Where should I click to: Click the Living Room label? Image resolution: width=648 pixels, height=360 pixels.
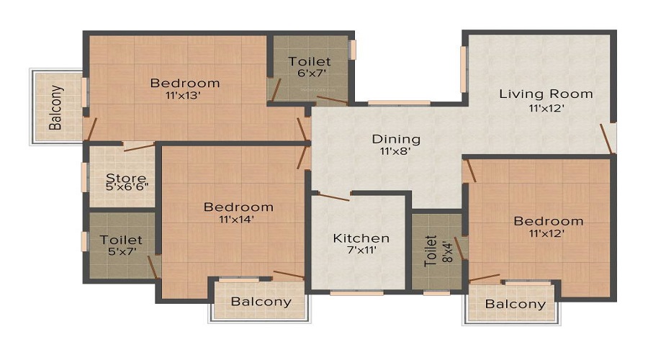(546, 94)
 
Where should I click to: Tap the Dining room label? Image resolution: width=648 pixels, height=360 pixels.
(396, 139)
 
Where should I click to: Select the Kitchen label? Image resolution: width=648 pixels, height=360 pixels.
(361, 238)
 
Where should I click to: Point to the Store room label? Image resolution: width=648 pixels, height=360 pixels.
(126, 178)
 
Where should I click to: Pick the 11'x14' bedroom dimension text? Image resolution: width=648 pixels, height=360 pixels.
(236, 219)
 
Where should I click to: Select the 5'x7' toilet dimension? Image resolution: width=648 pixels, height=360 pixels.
(122, 251)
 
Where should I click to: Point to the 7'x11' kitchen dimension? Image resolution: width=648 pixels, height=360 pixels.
(362, 250)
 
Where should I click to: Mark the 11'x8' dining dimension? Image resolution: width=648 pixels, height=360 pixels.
(395, 151)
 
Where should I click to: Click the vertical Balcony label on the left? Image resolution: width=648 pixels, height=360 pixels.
(56, 107)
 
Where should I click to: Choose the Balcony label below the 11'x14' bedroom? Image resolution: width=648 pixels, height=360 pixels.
(261, 302)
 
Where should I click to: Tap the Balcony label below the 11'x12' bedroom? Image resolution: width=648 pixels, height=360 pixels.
(516, 305)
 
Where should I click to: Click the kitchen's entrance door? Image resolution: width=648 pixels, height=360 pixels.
(333, 197)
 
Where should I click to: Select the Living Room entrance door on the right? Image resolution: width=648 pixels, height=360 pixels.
(608, 138)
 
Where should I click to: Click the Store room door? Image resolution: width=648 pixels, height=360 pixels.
(139, 147)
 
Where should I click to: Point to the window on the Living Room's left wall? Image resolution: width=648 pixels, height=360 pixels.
(463, 69)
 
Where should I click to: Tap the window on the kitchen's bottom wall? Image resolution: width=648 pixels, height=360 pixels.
(356, 294)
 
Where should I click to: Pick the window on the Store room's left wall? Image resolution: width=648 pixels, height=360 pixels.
(84, 177)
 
